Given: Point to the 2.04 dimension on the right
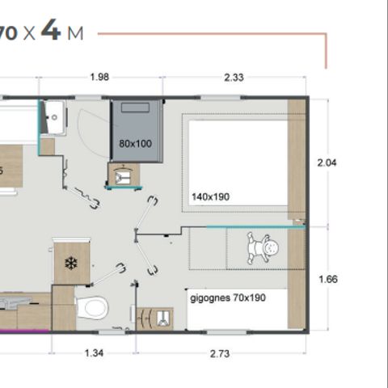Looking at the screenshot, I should (x=327, y=162).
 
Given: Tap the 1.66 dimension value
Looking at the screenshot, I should (x=327, y=280).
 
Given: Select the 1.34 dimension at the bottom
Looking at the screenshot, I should (x=95, y=352).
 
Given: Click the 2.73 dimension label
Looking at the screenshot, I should (x=220, y=352).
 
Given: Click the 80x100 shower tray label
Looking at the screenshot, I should (x=135, y=144).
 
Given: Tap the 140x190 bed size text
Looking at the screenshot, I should (x=211, y=196).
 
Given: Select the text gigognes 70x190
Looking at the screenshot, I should (x=228, y=297).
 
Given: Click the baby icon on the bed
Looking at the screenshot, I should (x=260, y=248).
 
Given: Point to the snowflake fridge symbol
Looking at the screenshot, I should (x=70, y=264).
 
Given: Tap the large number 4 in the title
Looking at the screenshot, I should (x=51, y=33).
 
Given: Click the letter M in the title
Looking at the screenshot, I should (x=76, y=34).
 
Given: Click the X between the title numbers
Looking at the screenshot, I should (x=28, y=34).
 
